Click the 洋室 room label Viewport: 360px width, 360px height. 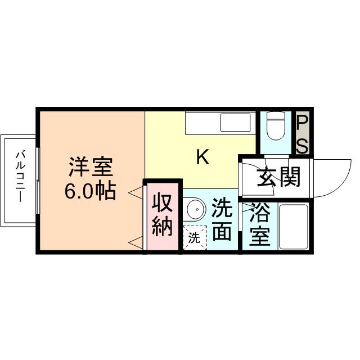click(91, 168)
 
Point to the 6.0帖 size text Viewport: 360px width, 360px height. click(91, 192)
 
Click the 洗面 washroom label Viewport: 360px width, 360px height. click(222, 220)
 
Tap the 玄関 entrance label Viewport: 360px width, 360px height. click(279, 178)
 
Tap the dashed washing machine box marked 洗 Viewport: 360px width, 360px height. click(195, 237)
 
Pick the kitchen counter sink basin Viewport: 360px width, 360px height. click(235, 122)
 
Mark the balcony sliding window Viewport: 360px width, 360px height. click(38, 180)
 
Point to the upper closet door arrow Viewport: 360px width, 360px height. click(136, 192)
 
